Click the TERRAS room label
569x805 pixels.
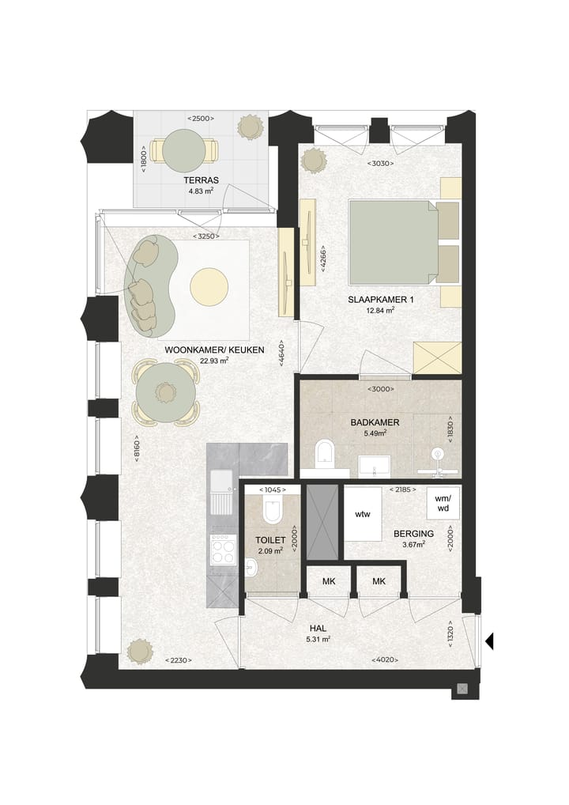[201, 180]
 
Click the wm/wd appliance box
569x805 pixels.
[443, 503]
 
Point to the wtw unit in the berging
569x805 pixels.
[363, 514]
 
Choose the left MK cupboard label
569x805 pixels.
[329, 581]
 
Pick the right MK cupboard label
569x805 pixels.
[379, 581]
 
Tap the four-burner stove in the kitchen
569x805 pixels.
[223, 550]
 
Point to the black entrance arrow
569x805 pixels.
[489, 641]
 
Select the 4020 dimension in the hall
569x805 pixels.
[384, 659]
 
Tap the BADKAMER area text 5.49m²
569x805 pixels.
[375, 433]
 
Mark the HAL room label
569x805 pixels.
[318, 629]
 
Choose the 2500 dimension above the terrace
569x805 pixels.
[200, 119]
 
